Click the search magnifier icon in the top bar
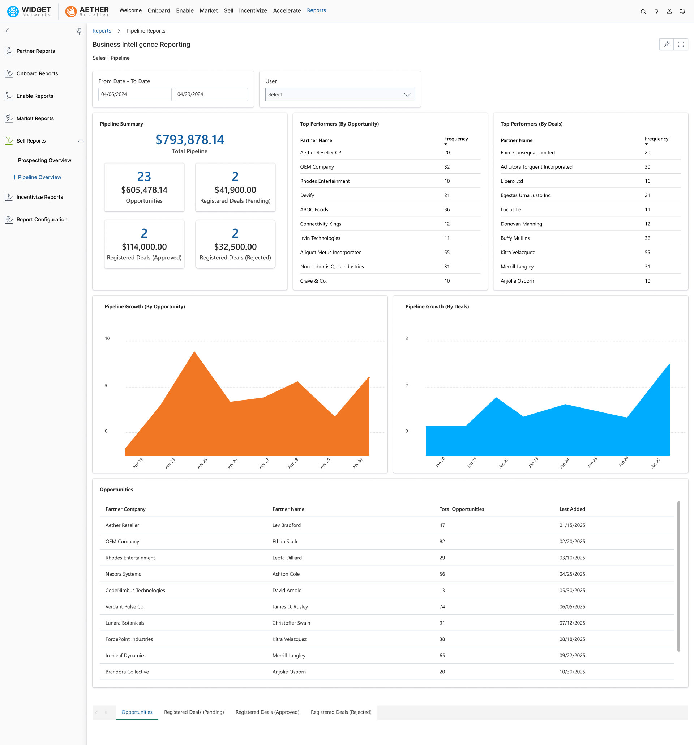click(643, 12)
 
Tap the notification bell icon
click(682, 12)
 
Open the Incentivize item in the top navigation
click(253, 10)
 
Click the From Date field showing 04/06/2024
click(135, 94)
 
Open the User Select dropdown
click(339, 94)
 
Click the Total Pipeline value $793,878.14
click(190, 140)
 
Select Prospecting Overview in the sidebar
click(44, 160)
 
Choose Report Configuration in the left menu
click(42, 220)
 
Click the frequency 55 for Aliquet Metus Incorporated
click(447, 253)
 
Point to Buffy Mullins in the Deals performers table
click(515, 238)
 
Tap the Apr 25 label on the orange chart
click(202, 463)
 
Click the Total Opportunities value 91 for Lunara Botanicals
click(442, 623)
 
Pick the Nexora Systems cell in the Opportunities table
click(123, 574)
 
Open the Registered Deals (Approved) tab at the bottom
click(267, 712)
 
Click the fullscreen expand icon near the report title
click(681, 45)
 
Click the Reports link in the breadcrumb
click(102, 31)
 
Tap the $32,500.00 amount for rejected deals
click(235, 247)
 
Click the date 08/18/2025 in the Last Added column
click(572, 639)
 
